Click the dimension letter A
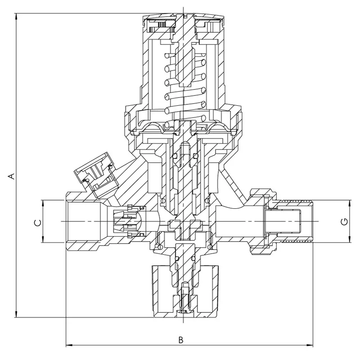(12, 176)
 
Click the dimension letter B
(181, 340)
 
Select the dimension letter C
(38, 222)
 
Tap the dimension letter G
(345, 222)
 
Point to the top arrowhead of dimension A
(16, 17)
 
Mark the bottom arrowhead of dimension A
(16, 314)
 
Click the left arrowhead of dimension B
(69, 345)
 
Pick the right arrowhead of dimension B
(310, 345)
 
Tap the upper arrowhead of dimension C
(43, 204)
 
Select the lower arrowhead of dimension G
(350, 239)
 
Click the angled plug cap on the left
(96, 174)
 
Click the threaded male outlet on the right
(294, 221)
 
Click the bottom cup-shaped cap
(185, 292)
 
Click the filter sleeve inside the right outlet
(283, 221)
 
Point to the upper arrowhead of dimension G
(350, 204)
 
